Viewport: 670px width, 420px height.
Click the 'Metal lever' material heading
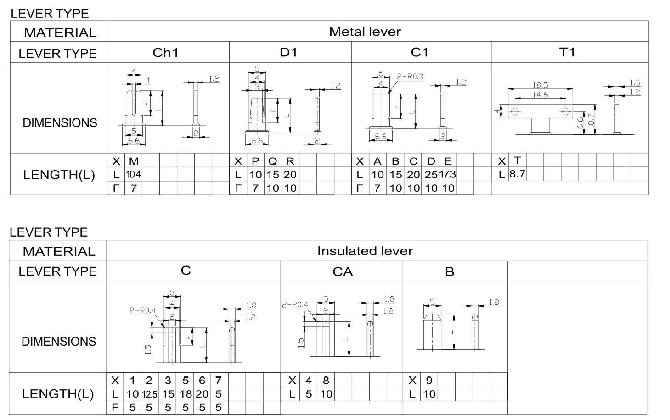(365, 32)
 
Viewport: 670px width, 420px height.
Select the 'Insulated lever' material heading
(365, 251)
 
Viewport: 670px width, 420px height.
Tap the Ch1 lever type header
(165, 53)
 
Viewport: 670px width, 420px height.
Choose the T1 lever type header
(567, 52)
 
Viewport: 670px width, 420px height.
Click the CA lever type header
(343, 272)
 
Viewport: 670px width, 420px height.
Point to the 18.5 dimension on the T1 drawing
(540, 85)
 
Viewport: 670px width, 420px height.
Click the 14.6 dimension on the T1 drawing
(540, 95)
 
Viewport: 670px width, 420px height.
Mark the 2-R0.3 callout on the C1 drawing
(411, 77)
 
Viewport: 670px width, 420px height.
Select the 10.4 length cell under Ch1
(134, 174)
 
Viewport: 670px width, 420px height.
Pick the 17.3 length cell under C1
(447, 174)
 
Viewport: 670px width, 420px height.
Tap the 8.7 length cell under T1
(518, 174)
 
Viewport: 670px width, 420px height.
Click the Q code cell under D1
(272, 161)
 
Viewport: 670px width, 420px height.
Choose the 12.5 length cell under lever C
(150, 394)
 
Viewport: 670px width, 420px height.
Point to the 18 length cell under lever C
(186, 394)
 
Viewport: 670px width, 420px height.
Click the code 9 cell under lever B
(429, 380)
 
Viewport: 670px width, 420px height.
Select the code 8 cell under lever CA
(326, 380)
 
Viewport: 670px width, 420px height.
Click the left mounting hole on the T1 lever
(515, 111)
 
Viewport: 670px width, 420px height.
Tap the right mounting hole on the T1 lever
(566, 111)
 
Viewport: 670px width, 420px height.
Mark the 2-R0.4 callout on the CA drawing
(295, 304)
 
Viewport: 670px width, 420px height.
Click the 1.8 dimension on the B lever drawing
(494, 302)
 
